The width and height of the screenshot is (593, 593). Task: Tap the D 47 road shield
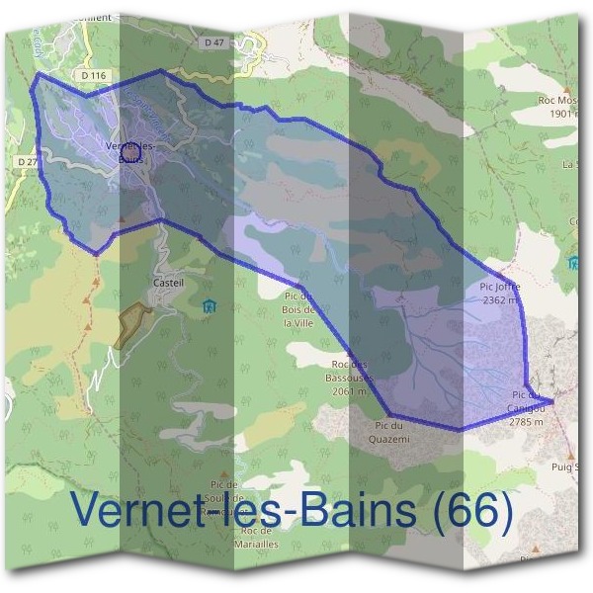216,43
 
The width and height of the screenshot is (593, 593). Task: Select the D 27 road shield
26,160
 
